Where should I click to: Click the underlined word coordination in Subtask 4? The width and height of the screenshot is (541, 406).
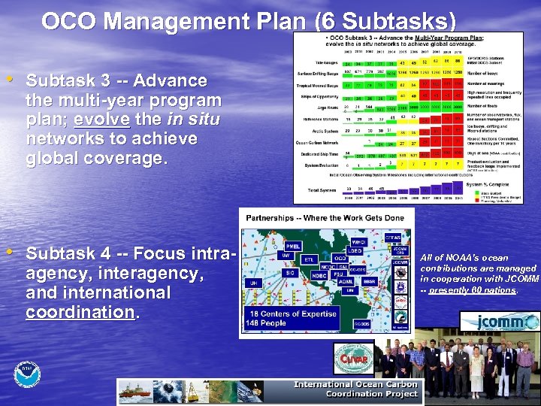pos(80,311)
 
